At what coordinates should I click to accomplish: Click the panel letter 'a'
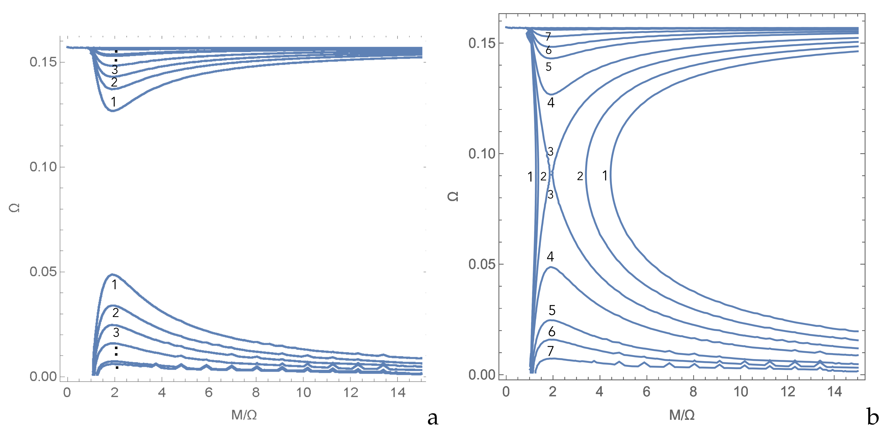[433, 418]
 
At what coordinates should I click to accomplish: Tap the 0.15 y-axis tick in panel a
[43, 62]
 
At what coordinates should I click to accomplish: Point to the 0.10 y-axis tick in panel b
[482, 153]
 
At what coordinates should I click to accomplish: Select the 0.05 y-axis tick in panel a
[43, 272]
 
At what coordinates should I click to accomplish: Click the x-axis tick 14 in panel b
[834, 392]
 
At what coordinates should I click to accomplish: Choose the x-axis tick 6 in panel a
[208, 393]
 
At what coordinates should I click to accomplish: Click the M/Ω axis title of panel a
[244, 415]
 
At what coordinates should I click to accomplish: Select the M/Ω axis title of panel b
[682, 415]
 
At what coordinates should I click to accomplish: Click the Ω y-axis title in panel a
[14, 208]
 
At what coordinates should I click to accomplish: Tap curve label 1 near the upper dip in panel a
[113, 102]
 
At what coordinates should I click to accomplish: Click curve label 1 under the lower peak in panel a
[115, 285]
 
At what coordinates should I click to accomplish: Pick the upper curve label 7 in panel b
[548, 36]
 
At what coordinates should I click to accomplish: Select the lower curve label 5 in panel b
[552, 310]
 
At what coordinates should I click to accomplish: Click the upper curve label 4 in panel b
[551, 103]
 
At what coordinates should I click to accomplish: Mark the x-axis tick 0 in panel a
[67, 393]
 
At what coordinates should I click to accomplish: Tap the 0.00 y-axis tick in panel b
[482, 375]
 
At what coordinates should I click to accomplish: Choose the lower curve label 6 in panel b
[552, 332]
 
